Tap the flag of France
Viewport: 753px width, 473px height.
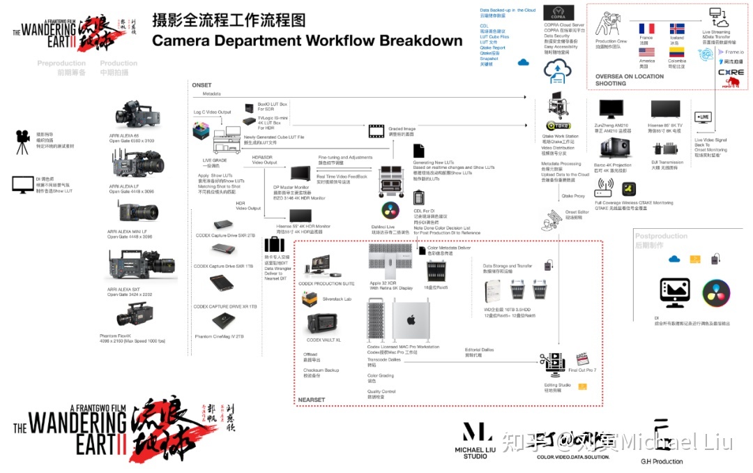pyautogui.click(x=646, y=29)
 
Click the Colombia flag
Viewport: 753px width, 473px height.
pyautogui.click(x=676, y=52)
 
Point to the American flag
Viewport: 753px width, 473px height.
pyautogui.click(x=646, y=52)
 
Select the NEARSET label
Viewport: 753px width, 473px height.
pyautogui.click(x=311, y=400)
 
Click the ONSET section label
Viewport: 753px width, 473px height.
pyautogui.click(x=201, y=85)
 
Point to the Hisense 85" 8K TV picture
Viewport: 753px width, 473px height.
pyautogui.click(x=664, y=110)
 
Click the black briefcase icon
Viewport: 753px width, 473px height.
pyautogui.click(x=273, y=245)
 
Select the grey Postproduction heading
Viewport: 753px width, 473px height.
pyautogui.click(x=660, y=236)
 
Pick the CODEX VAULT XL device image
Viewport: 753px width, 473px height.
pyautogui.click(x=323, y=323)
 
